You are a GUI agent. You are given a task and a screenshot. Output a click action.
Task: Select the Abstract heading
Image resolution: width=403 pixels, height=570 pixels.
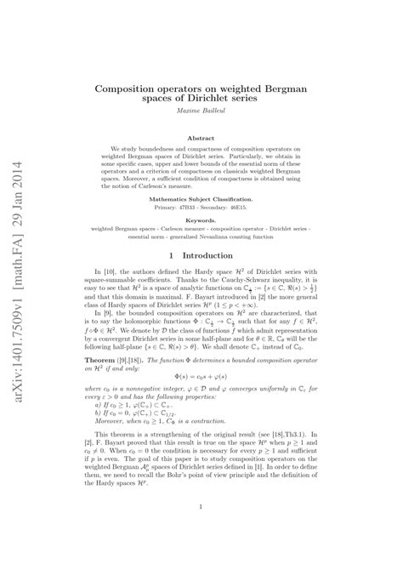point(201,137)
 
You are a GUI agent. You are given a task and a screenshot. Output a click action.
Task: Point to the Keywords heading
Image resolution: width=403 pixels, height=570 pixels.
point(201,219)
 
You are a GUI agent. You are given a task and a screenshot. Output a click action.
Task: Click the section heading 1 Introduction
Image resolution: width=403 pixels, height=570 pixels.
point(201,254)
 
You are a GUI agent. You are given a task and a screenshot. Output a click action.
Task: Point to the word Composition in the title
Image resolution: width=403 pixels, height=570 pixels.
point(129,88)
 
